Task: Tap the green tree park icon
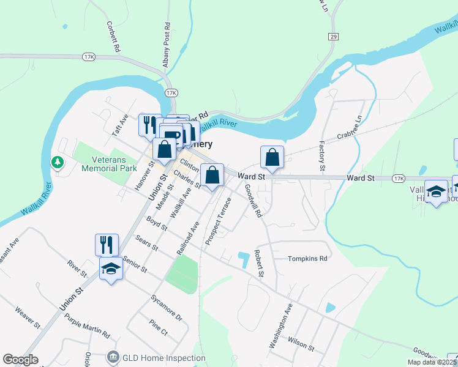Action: tap(57, 162)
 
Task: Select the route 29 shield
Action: tap(333, 37)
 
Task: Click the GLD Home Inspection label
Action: tap(156, 358)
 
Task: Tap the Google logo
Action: tap(20, 360)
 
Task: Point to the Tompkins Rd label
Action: tap(309, 259)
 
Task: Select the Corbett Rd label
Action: tap(114, 37)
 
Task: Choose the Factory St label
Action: tap(321, 156)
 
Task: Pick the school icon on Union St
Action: tap(111, 269)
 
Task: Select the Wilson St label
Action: tap(301, 344)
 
